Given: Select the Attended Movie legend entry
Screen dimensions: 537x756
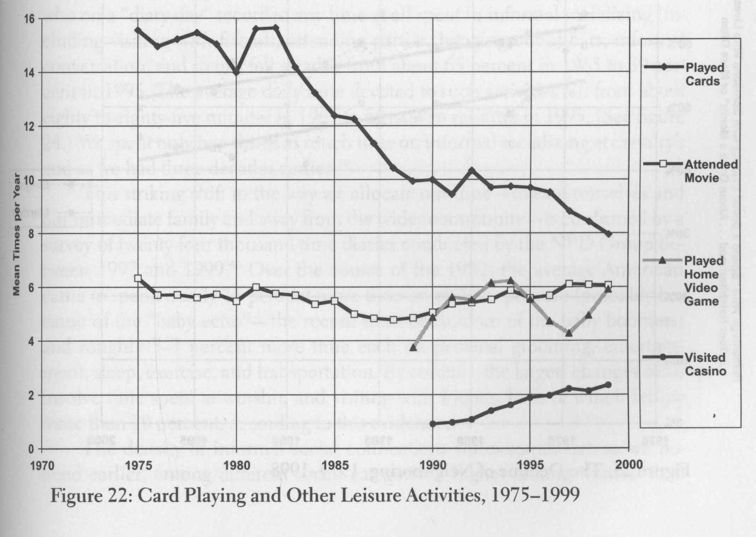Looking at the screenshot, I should tap(711, 171).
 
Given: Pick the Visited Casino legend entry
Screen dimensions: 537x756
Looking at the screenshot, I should tap(705, 364).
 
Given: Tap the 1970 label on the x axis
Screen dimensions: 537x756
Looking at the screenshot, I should tap(42, 465).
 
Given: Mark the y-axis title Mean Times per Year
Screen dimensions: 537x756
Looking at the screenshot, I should tap(16, 234).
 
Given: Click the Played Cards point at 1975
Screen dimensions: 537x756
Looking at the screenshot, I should tap(138, 30).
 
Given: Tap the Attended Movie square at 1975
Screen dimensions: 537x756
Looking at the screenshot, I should tap(138, 278).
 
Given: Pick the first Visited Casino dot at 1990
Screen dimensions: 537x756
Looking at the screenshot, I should tap(433, 424).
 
